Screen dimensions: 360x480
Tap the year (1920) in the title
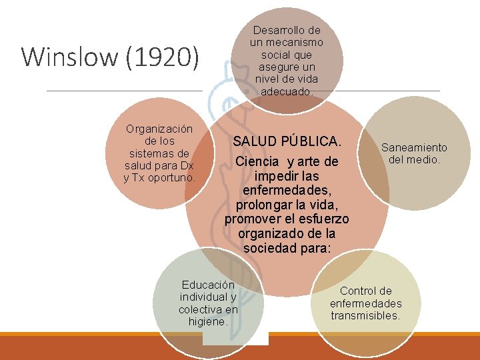point(162,57)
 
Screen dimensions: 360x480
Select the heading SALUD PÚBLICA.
point(287,141)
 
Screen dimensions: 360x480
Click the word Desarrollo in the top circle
point(287,30)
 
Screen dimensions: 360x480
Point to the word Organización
point(159,129)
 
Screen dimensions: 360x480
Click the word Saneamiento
point(414,147)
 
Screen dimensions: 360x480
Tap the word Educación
point(208,285)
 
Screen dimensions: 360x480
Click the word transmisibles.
point(366,315)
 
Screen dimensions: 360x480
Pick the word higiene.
point(208,321)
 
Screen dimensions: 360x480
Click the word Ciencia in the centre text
point(257,162)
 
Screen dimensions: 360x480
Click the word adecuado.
point(287,91)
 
